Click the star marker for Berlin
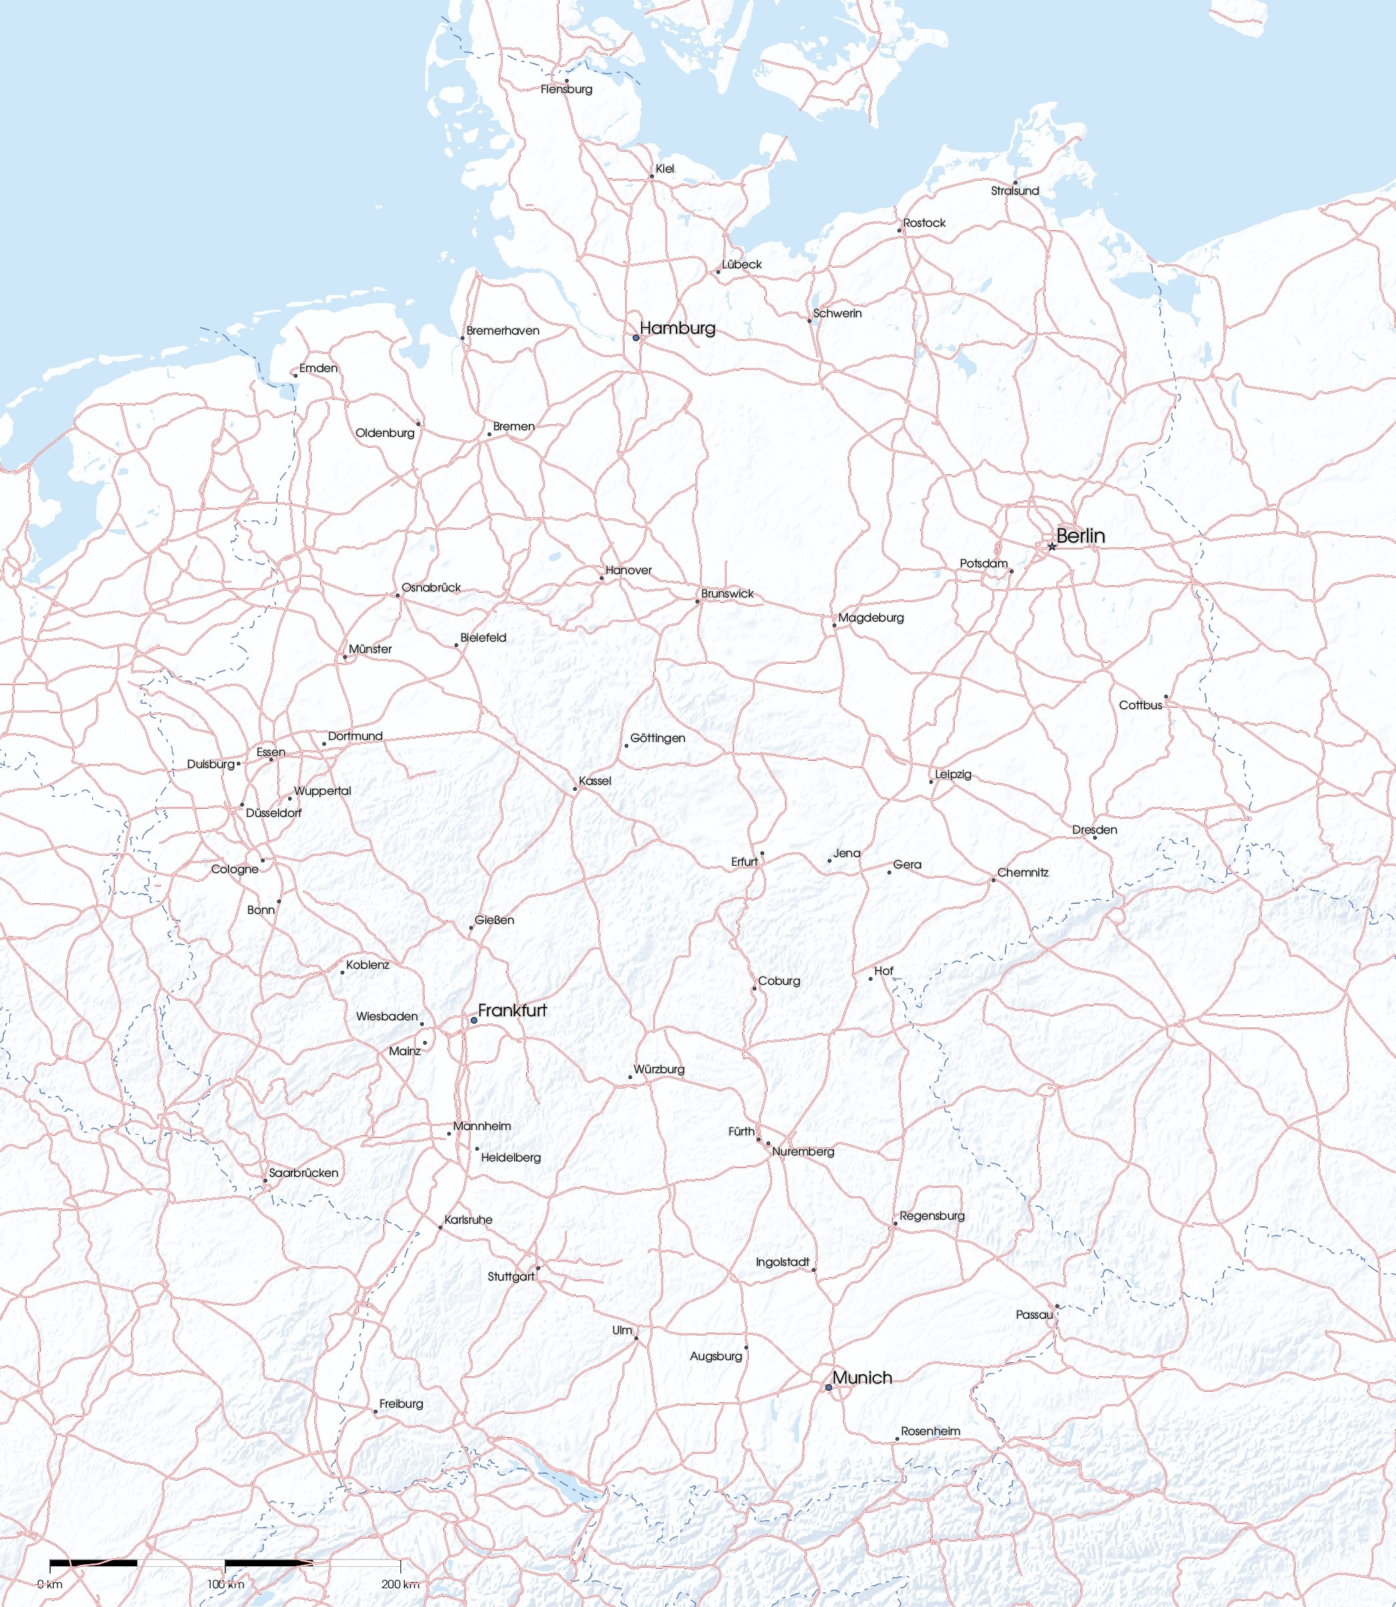click(x=1052, y=547)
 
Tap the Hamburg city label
click(x=677, y=328)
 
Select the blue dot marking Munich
click(x=828, y=1388)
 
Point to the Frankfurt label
click(x=512, y=1010)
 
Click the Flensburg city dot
click(x=566, y=80)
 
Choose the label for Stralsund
click(x=1014, y=191)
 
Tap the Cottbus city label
click(x=1141, y=705)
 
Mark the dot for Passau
click(x=1057, y=1306)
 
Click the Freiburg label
click(x=401, y=1404)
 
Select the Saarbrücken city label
click(x=303, y=1173)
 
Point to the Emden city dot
click(x=296, y=375)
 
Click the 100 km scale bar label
click(x=225, y=1584)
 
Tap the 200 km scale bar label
click(x=400, y=1584)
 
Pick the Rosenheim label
click(x=930, y=1432)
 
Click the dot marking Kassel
click(x=576, y=789)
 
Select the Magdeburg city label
click(x=871, y=618)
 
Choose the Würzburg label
click(x=659, y=1069)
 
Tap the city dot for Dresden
click(x=1094, y=837)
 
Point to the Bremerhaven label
click(x=503, y=330)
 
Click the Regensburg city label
click(x=932, y=1216)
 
